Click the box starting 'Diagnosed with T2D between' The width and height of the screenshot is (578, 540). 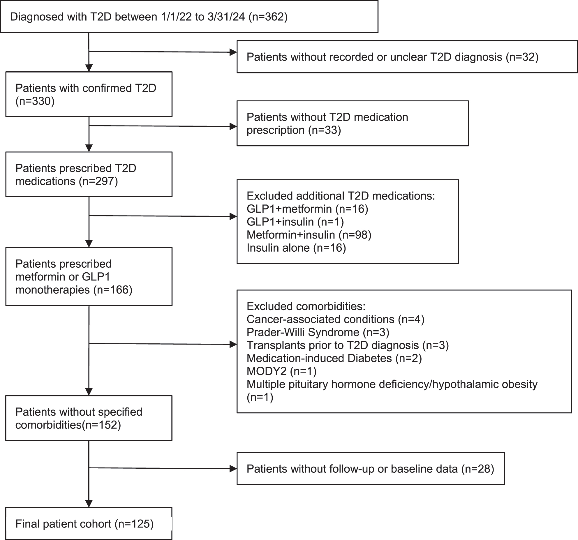[189, 16]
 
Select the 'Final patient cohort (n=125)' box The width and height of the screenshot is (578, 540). [89, 523]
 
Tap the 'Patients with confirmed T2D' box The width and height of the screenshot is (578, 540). [89, 94]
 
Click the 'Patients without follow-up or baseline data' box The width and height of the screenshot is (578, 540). [370, 469]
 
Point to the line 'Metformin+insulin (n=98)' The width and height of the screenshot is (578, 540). [309, 235]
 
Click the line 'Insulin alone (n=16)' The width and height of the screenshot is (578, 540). [296, 248]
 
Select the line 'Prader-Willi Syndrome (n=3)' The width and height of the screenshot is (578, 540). [318, 332]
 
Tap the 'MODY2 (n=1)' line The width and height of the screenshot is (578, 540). [281, 371]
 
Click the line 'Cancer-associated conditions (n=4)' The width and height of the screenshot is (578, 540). [335, 319]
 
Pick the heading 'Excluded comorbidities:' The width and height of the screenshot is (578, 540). [306, 306]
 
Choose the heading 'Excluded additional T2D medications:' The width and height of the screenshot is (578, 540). [341, 196]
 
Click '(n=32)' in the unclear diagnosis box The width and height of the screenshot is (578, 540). [522, 57]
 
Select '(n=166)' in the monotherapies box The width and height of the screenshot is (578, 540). [113, 290]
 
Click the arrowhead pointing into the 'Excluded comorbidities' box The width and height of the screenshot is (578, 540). [233, 345]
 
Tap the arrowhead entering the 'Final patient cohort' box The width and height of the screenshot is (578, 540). [89, 503]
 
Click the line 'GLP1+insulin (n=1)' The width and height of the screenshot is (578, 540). [295, 222]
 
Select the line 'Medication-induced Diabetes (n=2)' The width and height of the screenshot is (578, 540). [334, 358]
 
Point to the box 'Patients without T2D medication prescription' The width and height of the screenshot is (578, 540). [352, 123]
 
